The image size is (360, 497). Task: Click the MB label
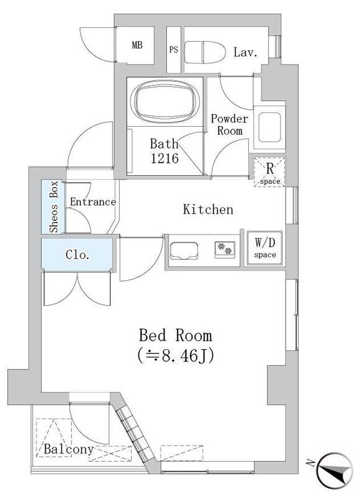[137, 45]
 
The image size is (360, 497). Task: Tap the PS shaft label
[174, 50]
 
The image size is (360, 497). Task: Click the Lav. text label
[245, 52]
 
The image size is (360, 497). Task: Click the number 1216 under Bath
[164, 158]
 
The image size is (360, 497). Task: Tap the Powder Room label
[229, 124]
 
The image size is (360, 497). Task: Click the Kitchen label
[208, 209]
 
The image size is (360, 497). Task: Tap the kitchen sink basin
[184, 250]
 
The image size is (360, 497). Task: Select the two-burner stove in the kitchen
[225, 250]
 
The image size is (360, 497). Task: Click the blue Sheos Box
[53, 207]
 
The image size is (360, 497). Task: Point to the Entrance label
[92, 202]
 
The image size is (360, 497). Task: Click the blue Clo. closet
[78, 255]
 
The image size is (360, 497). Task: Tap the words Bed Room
[174, 336]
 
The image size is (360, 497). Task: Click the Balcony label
[68, 449]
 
